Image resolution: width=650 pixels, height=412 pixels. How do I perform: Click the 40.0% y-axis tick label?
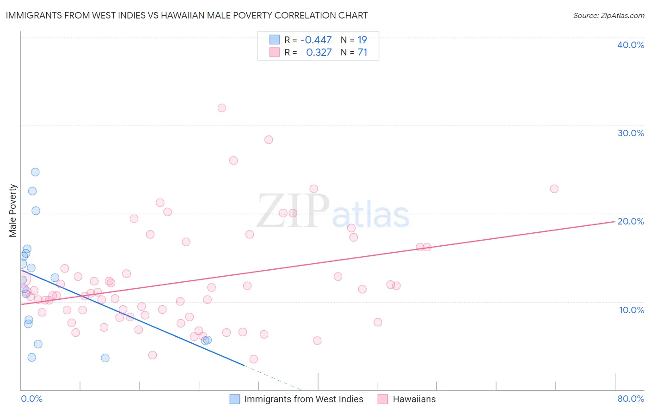point(631,45)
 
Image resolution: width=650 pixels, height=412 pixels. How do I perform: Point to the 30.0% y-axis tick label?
point(631,133)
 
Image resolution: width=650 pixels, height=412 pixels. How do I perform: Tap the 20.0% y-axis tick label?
point(631,221)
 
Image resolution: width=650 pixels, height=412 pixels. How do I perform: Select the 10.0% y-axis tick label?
point(632,310)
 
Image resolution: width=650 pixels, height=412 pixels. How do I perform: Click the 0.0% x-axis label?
point(31,399)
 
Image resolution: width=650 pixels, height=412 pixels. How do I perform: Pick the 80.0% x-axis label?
point(631,399)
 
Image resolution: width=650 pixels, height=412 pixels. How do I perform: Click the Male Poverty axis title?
point(13,211)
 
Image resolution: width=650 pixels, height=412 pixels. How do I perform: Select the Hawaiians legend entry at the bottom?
point(414,399)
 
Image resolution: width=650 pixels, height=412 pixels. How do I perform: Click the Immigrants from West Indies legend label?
point(303,399)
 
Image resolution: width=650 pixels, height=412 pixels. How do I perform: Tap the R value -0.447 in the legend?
point(316,40)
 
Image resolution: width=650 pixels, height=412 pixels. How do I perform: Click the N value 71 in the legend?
point(362,53)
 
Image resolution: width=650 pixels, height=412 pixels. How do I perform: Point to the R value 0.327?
point(319,53)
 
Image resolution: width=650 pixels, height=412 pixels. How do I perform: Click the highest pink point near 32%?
point(222,108)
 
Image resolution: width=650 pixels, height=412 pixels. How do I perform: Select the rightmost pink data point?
point(554,189)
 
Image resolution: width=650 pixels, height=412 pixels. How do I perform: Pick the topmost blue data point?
point(35,172)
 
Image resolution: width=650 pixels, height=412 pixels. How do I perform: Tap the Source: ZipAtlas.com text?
point(608,16)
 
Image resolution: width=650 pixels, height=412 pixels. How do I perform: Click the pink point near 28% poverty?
point(269,140)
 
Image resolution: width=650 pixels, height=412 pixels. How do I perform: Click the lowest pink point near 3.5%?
point(253,359)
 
